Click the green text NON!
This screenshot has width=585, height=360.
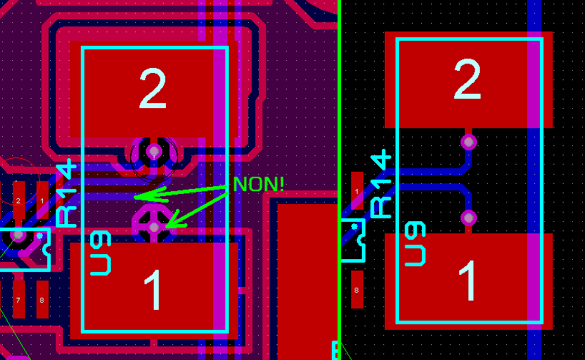tap(258, 184)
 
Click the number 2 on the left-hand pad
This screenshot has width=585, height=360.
tap(152, 89)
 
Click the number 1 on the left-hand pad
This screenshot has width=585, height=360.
tap(153, 290)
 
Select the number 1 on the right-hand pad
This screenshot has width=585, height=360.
tap(468, 281)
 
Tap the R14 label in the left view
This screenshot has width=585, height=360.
tap(67, 193)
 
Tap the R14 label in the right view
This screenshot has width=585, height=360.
tap(381, 184)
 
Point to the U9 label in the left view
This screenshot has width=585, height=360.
tap(102, 253)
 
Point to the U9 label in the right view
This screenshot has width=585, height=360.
tap(416, 244)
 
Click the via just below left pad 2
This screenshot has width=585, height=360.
tap(153, 151)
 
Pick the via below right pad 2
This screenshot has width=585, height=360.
tap(468, 141)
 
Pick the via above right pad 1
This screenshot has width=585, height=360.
tap(468, 217)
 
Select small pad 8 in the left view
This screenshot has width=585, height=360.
tap(42, 299)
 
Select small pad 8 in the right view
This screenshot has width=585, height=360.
tap(357, 291)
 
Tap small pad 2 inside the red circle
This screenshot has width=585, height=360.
tap(19, 200)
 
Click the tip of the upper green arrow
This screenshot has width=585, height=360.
tap(136, 196)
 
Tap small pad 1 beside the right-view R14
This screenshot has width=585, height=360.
tap(357, 191)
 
